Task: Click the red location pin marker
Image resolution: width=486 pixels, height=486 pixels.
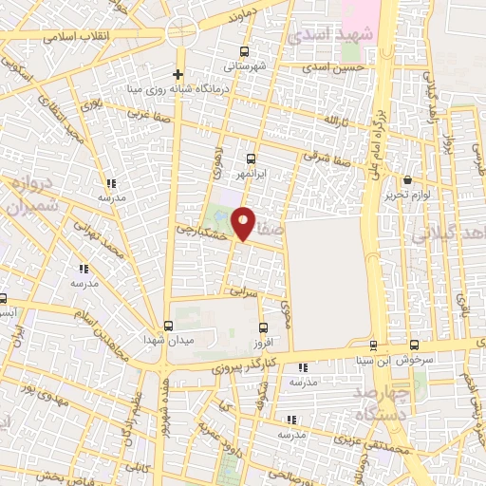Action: pyautogui.click(x=243, y=222)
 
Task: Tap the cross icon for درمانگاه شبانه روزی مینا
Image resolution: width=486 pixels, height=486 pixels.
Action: pyautogui.click(x=178, y=74)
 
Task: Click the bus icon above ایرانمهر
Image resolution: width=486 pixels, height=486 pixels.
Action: pyautogui.click(x=251, y=159)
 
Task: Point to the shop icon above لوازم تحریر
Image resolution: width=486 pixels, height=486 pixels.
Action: pyautogui.click(x=408, y=179)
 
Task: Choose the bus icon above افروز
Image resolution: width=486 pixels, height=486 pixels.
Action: pyautogui.click(x=260, y=326)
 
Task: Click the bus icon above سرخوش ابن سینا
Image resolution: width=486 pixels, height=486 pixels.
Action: pyautogui.click(x=414, y=345)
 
